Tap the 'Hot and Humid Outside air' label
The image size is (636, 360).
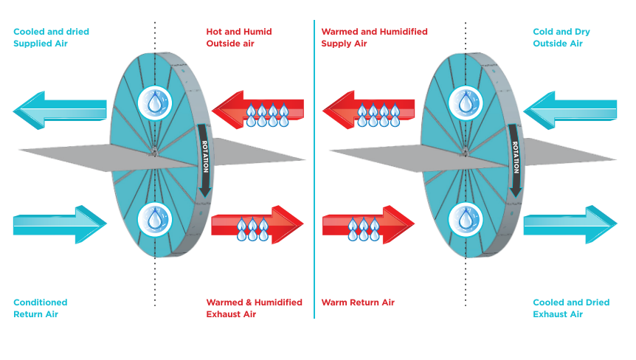pos(239,38)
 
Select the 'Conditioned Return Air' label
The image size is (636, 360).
pos(41,308)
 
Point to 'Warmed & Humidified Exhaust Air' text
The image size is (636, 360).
pos(254,308)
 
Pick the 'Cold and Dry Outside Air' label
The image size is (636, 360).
pos(561,38)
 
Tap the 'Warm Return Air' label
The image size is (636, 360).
pos(358,302)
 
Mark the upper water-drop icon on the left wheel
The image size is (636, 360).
pos(154,103)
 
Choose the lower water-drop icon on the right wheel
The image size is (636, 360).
pos(465,218)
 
